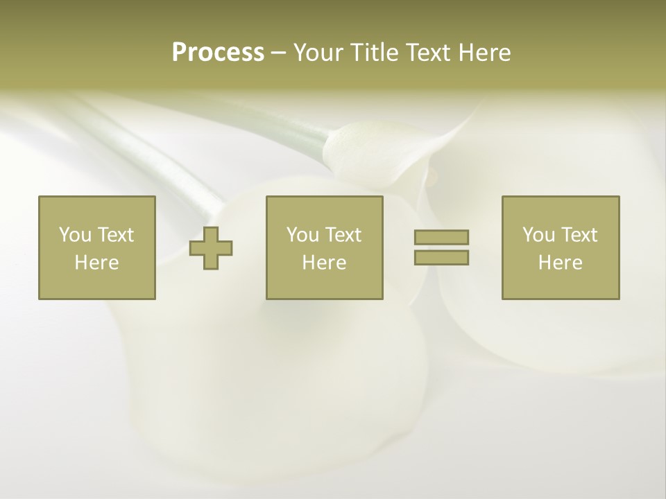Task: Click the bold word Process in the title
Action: pos(218,53)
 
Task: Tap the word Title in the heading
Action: pos(374,53)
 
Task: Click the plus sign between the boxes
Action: pos(211,248)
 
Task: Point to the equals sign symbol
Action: pos(441,247)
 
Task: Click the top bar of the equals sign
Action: pos(441,238)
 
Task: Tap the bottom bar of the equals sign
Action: pos(441,258)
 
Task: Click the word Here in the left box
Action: pos(97,263)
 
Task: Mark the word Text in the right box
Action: pos(579,235)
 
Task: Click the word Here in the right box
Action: pos(561,263)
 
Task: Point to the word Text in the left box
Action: pos(115,235)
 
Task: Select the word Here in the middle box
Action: pos(325,263)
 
